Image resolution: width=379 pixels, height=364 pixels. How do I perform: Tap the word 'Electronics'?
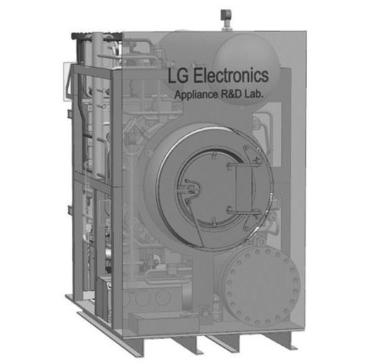[x=231, y=75]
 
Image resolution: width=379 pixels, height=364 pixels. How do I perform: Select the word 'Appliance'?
[x=196, y=94]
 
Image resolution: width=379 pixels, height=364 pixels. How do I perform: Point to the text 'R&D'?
[x=231, y=94]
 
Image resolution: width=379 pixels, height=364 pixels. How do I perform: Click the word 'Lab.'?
[x=254, y=94]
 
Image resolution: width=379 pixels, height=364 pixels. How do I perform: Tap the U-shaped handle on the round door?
[x=192, y=188]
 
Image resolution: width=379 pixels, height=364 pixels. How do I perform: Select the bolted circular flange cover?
[x=261, y=285]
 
